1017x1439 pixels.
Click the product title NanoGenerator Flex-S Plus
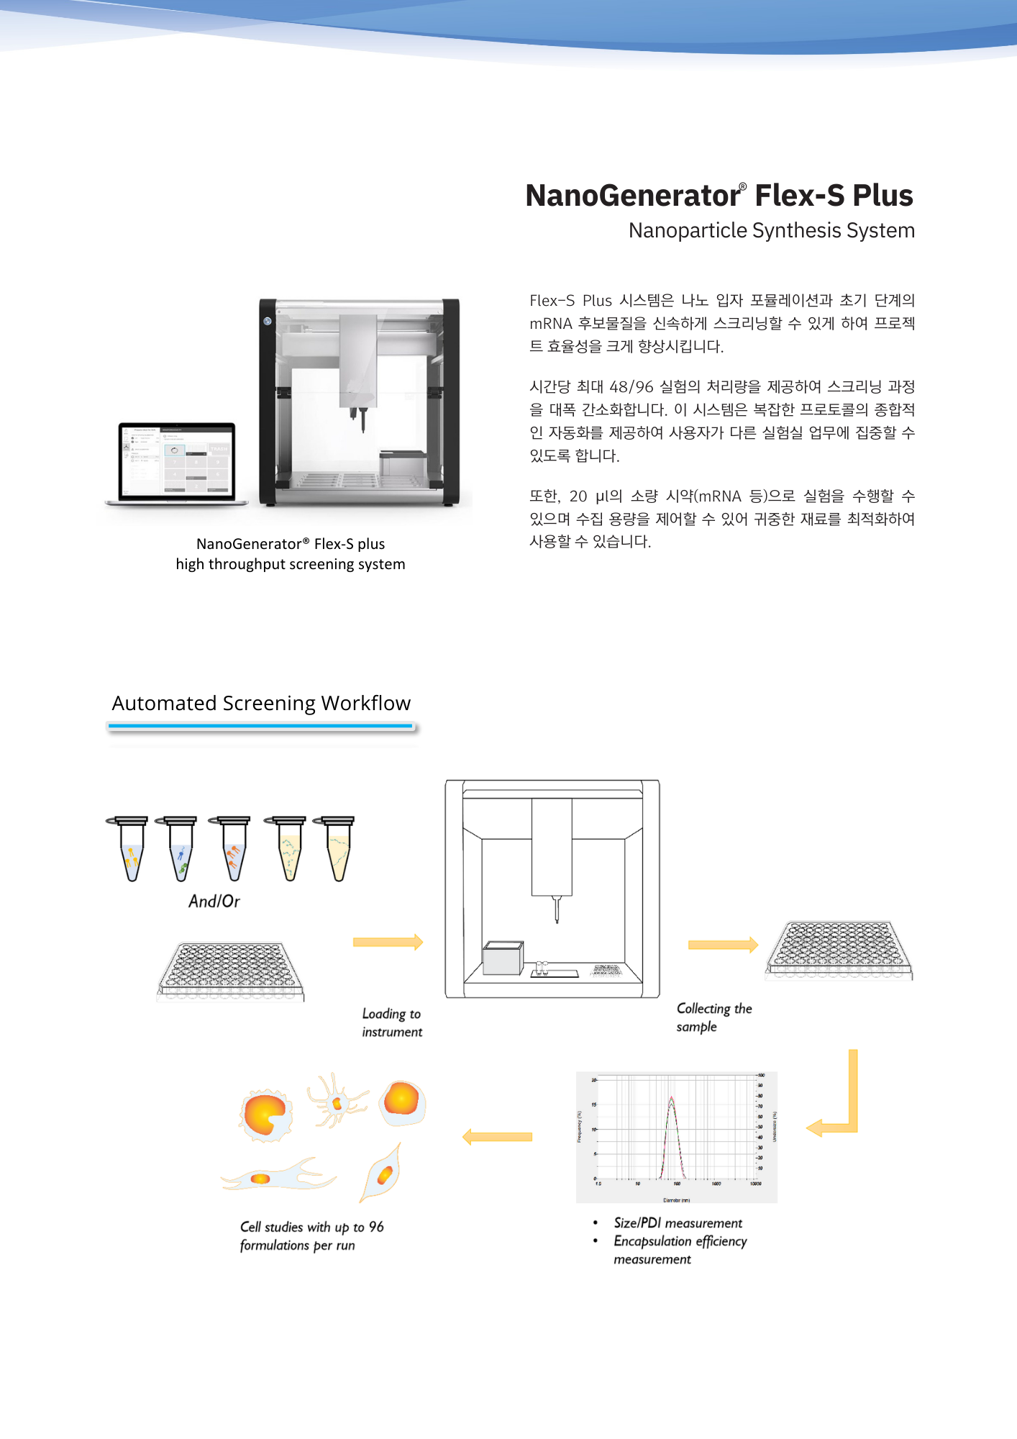click(x=719, y=196)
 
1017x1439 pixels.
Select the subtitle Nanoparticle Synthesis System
click(x=771, y=230)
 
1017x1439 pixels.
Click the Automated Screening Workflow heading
click(x=261, y=703)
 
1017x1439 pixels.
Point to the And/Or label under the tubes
click(x=214, y=901)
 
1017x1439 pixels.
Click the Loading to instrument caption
click(x=391, y=1022)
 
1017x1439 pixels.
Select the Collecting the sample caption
click(x=713, y=1017)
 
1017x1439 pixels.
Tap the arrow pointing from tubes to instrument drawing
click(x=388, y=943)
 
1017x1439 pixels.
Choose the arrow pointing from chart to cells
click(x=497, y=1137)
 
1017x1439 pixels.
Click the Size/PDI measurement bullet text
click(x=678, y=1223)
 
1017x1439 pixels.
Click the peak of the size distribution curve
click(x=671, y=1099)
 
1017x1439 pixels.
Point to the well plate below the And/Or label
click(x=230, y=971)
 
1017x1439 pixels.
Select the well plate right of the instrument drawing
click(x=839, y=950)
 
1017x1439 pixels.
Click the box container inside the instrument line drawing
click(x=502, y=958)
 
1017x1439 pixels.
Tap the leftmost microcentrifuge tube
click(x=131, y=849)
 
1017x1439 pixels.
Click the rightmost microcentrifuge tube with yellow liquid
click(x=337, y=849)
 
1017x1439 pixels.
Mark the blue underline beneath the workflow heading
click(x=261, y=727)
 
